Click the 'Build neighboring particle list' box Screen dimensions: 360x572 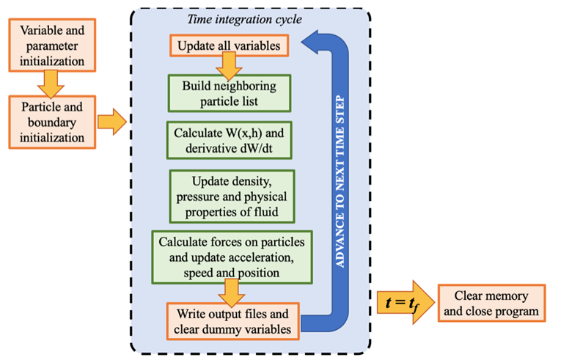230,92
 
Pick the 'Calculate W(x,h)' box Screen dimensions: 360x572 228,141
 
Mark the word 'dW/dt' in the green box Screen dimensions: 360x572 262,150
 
